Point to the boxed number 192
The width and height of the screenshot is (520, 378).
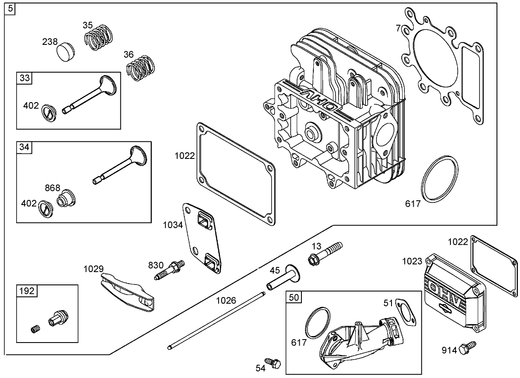coord(27,291)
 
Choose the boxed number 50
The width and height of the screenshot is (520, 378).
coord(294,297)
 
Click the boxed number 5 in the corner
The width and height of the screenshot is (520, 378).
coord(10,8)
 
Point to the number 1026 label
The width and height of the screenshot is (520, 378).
coord(226,300)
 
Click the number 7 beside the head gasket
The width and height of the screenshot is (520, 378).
coord(398,28)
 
